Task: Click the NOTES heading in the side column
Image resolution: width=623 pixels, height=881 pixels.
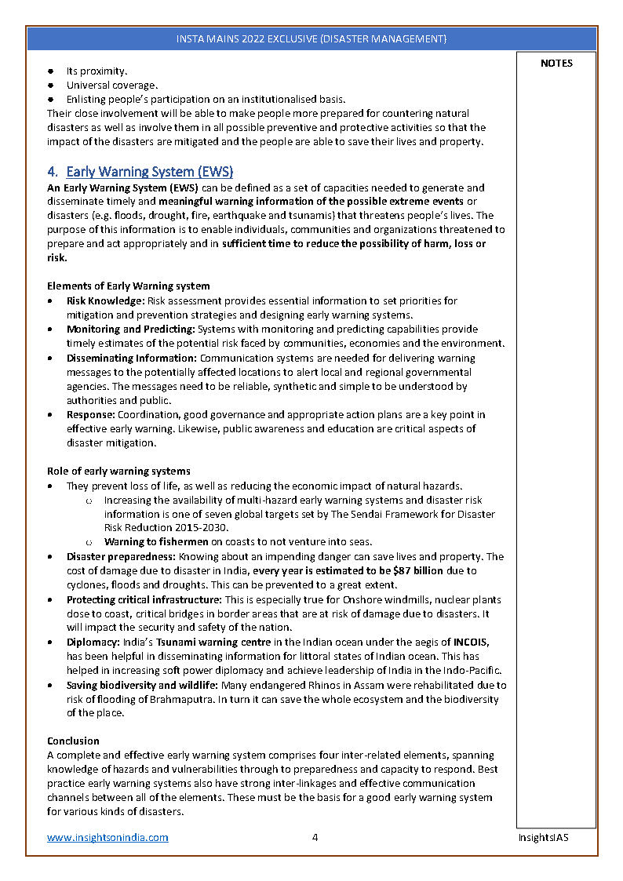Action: pyautogui.click(x=556, y=64)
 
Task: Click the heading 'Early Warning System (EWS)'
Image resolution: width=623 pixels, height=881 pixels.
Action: pyautogui.click(x=149, y=172)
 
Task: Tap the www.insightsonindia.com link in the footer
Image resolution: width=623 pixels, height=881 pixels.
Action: pyautogui.click(x=107, y=837)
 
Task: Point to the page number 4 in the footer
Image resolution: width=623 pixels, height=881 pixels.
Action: pyautogui.click(x=315, y=837)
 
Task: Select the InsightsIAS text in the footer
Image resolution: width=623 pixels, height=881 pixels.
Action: pyautogui.click(x=543, y=837)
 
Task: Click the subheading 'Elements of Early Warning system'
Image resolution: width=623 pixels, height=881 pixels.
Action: pyautogui.click(x=128, y=286)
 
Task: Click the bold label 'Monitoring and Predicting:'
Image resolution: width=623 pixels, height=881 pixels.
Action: pyautogui.click(x=130, y=329)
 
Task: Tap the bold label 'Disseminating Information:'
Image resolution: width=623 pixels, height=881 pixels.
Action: pyautogui.click(x=132, y=358)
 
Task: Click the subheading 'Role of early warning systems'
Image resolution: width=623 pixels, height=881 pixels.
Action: pyautogui.click(x=118, y=471)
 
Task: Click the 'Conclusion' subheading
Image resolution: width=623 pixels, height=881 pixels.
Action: pyautogui.click(x=73, y=741)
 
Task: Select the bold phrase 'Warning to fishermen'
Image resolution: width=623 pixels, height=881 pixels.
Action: pyautogui.click(x=156, y=542)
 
